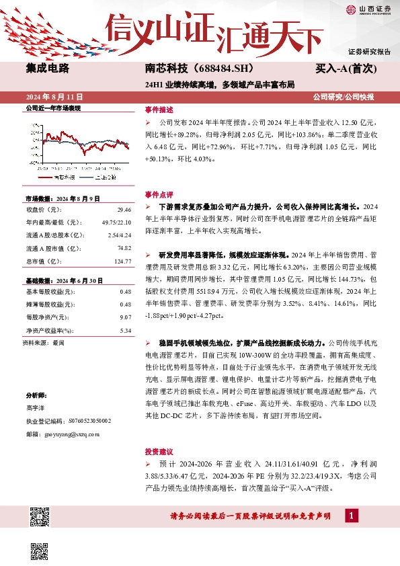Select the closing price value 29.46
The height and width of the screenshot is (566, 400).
click(124, 210)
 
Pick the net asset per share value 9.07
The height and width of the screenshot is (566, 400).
click(124, 317)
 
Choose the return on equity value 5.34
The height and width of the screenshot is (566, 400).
click(124, 330)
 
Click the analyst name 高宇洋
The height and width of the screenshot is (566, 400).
click(36, 408)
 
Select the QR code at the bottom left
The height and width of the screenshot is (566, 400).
click(41, 517)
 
